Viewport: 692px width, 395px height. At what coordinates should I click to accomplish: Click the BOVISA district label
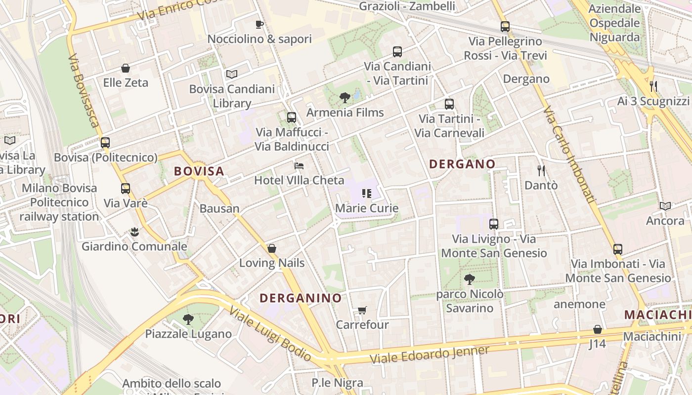(199, 171)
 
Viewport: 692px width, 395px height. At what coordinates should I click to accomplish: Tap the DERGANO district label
(462, 164)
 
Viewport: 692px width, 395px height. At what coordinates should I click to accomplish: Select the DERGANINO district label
(301, 298)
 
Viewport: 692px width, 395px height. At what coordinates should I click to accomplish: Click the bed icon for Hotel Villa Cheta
(299, 165)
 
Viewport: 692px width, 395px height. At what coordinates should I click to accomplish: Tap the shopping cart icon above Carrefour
(362, 310)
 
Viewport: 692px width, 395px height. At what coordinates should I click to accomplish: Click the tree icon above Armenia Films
(345, 98)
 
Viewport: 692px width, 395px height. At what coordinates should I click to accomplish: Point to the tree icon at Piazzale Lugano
(188, 319)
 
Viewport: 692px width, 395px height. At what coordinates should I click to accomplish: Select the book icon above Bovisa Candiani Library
(232, 75)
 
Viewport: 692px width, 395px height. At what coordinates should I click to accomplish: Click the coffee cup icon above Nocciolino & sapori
(259, 24)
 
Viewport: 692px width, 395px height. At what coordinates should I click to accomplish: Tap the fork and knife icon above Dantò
(541, 171)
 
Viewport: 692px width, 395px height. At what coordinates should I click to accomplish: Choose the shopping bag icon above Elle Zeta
(126, 68)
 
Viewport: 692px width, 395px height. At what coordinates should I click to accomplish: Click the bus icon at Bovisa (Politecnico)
(105, 143)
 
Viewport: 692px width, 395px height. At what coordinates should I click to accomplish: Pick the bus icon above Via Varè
(126, 189)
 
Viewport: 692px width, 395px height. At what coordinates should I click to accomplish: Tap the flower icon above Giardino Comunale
(134, 232)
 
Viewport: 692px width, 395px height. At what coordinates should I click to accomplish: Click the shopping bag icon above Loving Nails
(271, 248)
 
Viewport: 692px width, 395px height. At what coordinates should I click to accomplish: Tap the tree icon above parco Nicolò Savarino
(470, 279)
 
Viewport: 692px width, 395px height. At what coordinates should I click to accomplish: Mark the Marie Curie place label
(367, 208)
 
